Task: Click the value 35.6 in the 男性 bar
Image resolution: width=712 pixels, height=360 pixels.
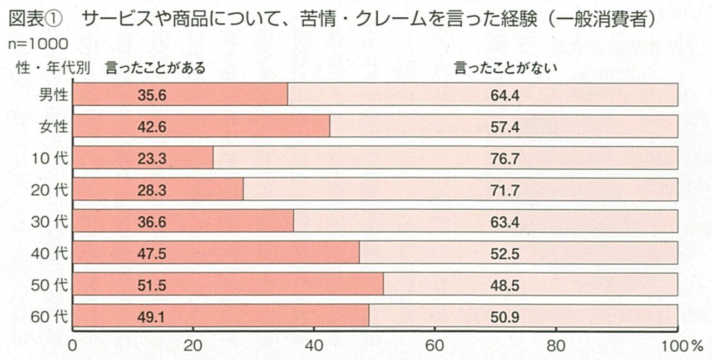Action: click(x=152, y=96)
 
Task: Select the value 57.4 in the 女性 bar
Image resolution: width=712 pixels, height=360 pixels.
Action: click(x=505, y=127)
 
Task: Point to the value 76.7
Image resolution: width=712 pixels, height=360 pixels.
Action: click(x=505, y=159)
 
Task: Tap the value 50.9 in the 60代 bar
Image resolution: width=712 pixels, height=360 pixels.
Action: click(x=505, y=318)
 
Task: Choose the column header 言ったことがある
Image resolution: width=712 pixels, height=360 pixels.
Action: click(x=153, y=68)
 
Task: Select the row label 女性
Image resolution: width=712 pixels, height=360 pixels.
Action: click(x=53, y=127)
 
